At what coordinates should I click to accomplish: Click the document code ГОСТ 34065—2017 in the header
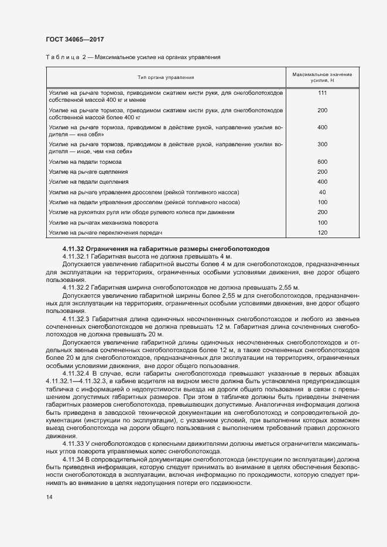75,39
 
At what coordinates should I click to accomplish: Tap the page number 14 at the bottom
49,497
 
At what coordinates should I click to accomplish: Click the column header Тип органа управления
166,77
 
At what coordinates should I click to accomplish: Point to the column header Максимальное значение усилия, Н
321,77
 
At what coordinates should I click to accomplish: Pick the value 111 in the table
321,93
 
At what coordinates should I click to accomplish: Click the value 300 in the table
321,144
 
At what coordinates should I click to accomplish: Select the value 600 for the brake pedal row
321,161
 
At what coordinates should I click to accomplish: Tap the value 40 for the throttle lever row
321,192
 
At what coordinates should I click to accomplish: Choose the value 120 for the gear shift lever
321,233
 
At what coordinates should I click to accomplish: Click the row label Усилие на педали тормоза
85,161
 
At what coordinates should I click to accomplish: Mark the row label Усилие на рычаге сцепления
88,171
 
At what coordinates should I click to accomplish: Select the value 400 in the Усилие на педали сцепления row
321,182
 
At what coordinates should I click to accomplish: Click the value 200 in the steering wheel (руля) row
321,212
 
